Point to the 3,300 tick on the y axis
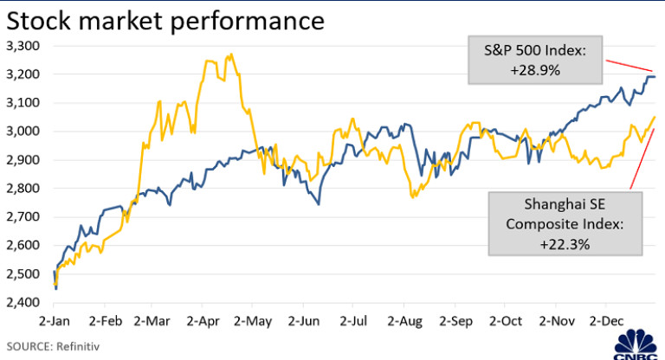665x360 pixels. coord(23,46)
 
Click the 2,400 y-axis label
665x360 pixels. coord(23,302)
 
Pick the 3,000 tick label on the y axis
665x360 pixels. coord(23,132)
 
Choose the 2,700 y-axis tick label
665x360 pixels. coord(23,217)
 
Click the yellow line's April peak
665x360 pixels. coord(229,55)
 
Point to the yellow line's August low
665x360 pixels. coord(413,197)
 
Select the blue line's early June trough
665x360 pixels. coord(319,203)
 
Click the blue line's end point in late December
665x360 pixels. coord(654,77)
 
